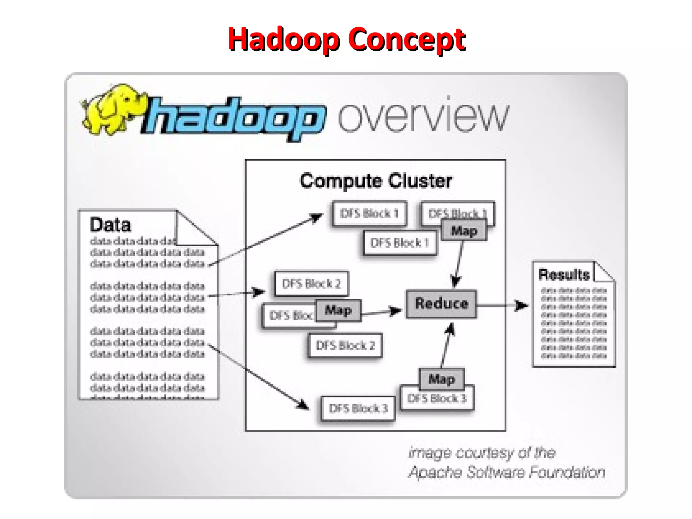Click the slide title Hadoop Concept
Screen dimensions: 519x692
347,40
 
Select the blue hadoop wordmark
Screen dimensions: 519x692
233,118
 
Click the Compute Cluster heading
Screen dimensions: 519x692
376,181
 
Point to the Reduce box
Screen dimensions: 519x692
441,304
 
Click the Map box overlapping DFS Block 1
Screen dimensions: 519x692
464,231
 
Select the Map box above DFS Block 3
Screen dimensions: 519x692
442,379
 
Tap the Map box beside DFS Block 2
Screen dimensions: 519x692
338,310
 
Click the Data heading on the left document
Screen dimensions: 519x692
110,225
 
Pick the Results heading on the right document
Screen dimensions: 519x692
564,275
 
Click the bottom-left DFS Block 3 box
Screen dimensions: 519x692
358,409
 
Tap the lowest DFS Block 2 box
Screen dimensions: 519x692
345,346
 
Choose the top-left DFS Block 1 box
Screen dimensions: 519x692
369,214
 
